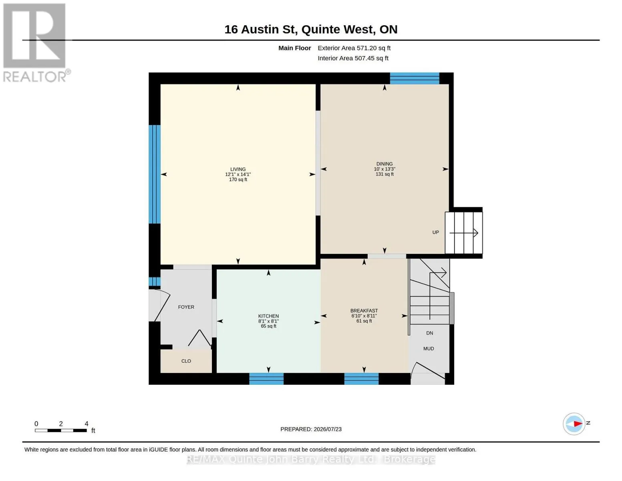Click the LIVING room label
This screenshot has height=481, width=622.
click(238, 169)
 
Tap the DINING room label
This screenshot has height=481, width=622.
click(384, 164)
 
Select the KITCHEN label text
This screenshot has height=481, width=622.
click(268, 316)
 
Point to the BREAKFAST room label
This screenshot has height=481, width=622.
click(364, 311)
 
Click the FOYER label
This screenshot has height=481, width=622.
click(186, 307)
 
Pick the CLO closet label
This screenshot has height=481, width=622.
click(186, 361)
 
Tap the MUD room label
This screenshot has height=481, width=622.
click(429, 349)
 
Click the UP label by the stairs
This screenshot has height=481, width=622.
click(435, 232)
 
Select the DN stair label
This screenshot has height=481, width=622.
click(430, 333)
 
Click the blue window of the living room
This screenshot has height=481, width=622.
click(154, 174)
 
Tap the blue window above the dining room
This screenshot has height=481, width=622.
click(415, 79)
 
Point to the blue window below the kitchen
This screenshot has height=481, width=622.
click(266, 379)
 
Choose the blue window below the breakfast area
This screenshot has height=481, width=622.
click(362, 379)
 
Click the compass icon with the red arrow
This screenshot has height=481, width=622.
click(574, 424)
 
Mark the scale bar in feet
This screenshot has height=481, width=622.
click(61, 430)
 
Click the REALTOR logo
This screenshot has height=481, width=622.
click(36, 43)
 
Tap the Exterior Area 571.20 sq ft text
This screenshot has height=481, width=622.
click(354, 48)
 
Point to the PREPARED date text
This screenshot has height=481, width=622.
click(311, 429)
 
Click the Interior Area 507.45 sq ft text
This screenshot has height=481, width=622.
click(353, 58)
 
